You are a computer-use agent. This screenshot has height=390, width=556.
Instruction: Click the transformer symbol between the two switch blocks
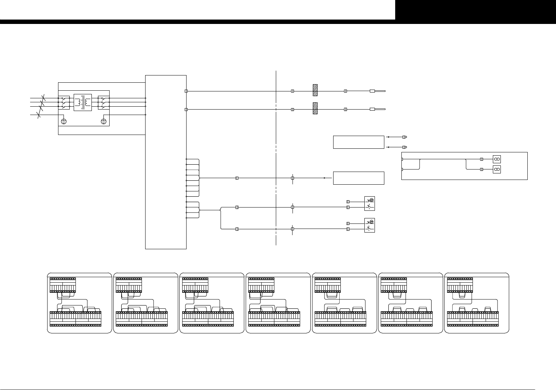click(x=83, y=103)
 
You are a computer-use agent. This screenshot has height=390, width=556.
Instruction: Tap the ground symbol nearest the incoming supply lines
click(x=64, y=121)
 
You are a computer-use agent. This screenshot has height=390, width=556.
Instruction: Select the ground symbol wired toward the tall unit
click(x=104, y=121)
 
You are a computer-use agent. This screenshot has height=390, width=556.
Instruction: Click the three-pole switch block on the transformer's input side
click(x=64, y=102)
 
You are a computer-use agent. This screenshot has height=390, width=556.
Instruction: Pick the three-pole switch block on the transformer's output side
click(x=103, y=102)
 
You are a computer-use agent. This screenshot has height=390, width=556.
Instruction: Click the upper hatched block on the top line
click(x=315, y=90)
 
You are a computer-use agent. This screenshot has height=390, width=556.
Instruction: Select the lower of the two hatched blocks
click(x=315, y=108)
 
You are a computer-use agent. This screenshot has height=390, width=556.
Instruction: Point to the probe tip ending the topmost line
click(x=377, y=91)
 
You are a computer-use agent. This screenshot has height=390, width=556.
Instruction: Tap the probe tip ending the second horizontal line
click(x=377, y=109)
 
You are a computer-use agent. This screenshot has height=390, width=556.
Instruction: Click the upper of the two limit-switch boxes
click(x=369, y=204)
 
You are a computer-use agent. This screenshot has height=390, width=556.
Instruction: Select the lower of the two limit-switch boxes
click(x=369, y=225)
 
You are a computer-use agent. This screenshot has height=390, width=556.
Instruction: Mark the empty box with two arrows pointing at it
click(x=359, y=142)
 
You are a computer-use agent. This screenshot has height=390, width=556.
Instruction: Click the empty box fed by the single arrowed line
click(x=359, y=178)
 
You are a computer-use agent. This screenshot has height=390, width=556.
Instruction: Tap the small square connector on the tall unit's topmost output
click(x=186, y=91)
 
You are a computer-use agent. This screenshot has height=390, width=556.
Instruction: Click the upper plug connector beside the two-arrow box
click(x=405, y=137)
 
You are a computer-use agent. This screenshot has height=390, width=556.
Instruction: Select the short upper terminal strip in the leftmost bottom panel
click(x=63, y=285)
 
